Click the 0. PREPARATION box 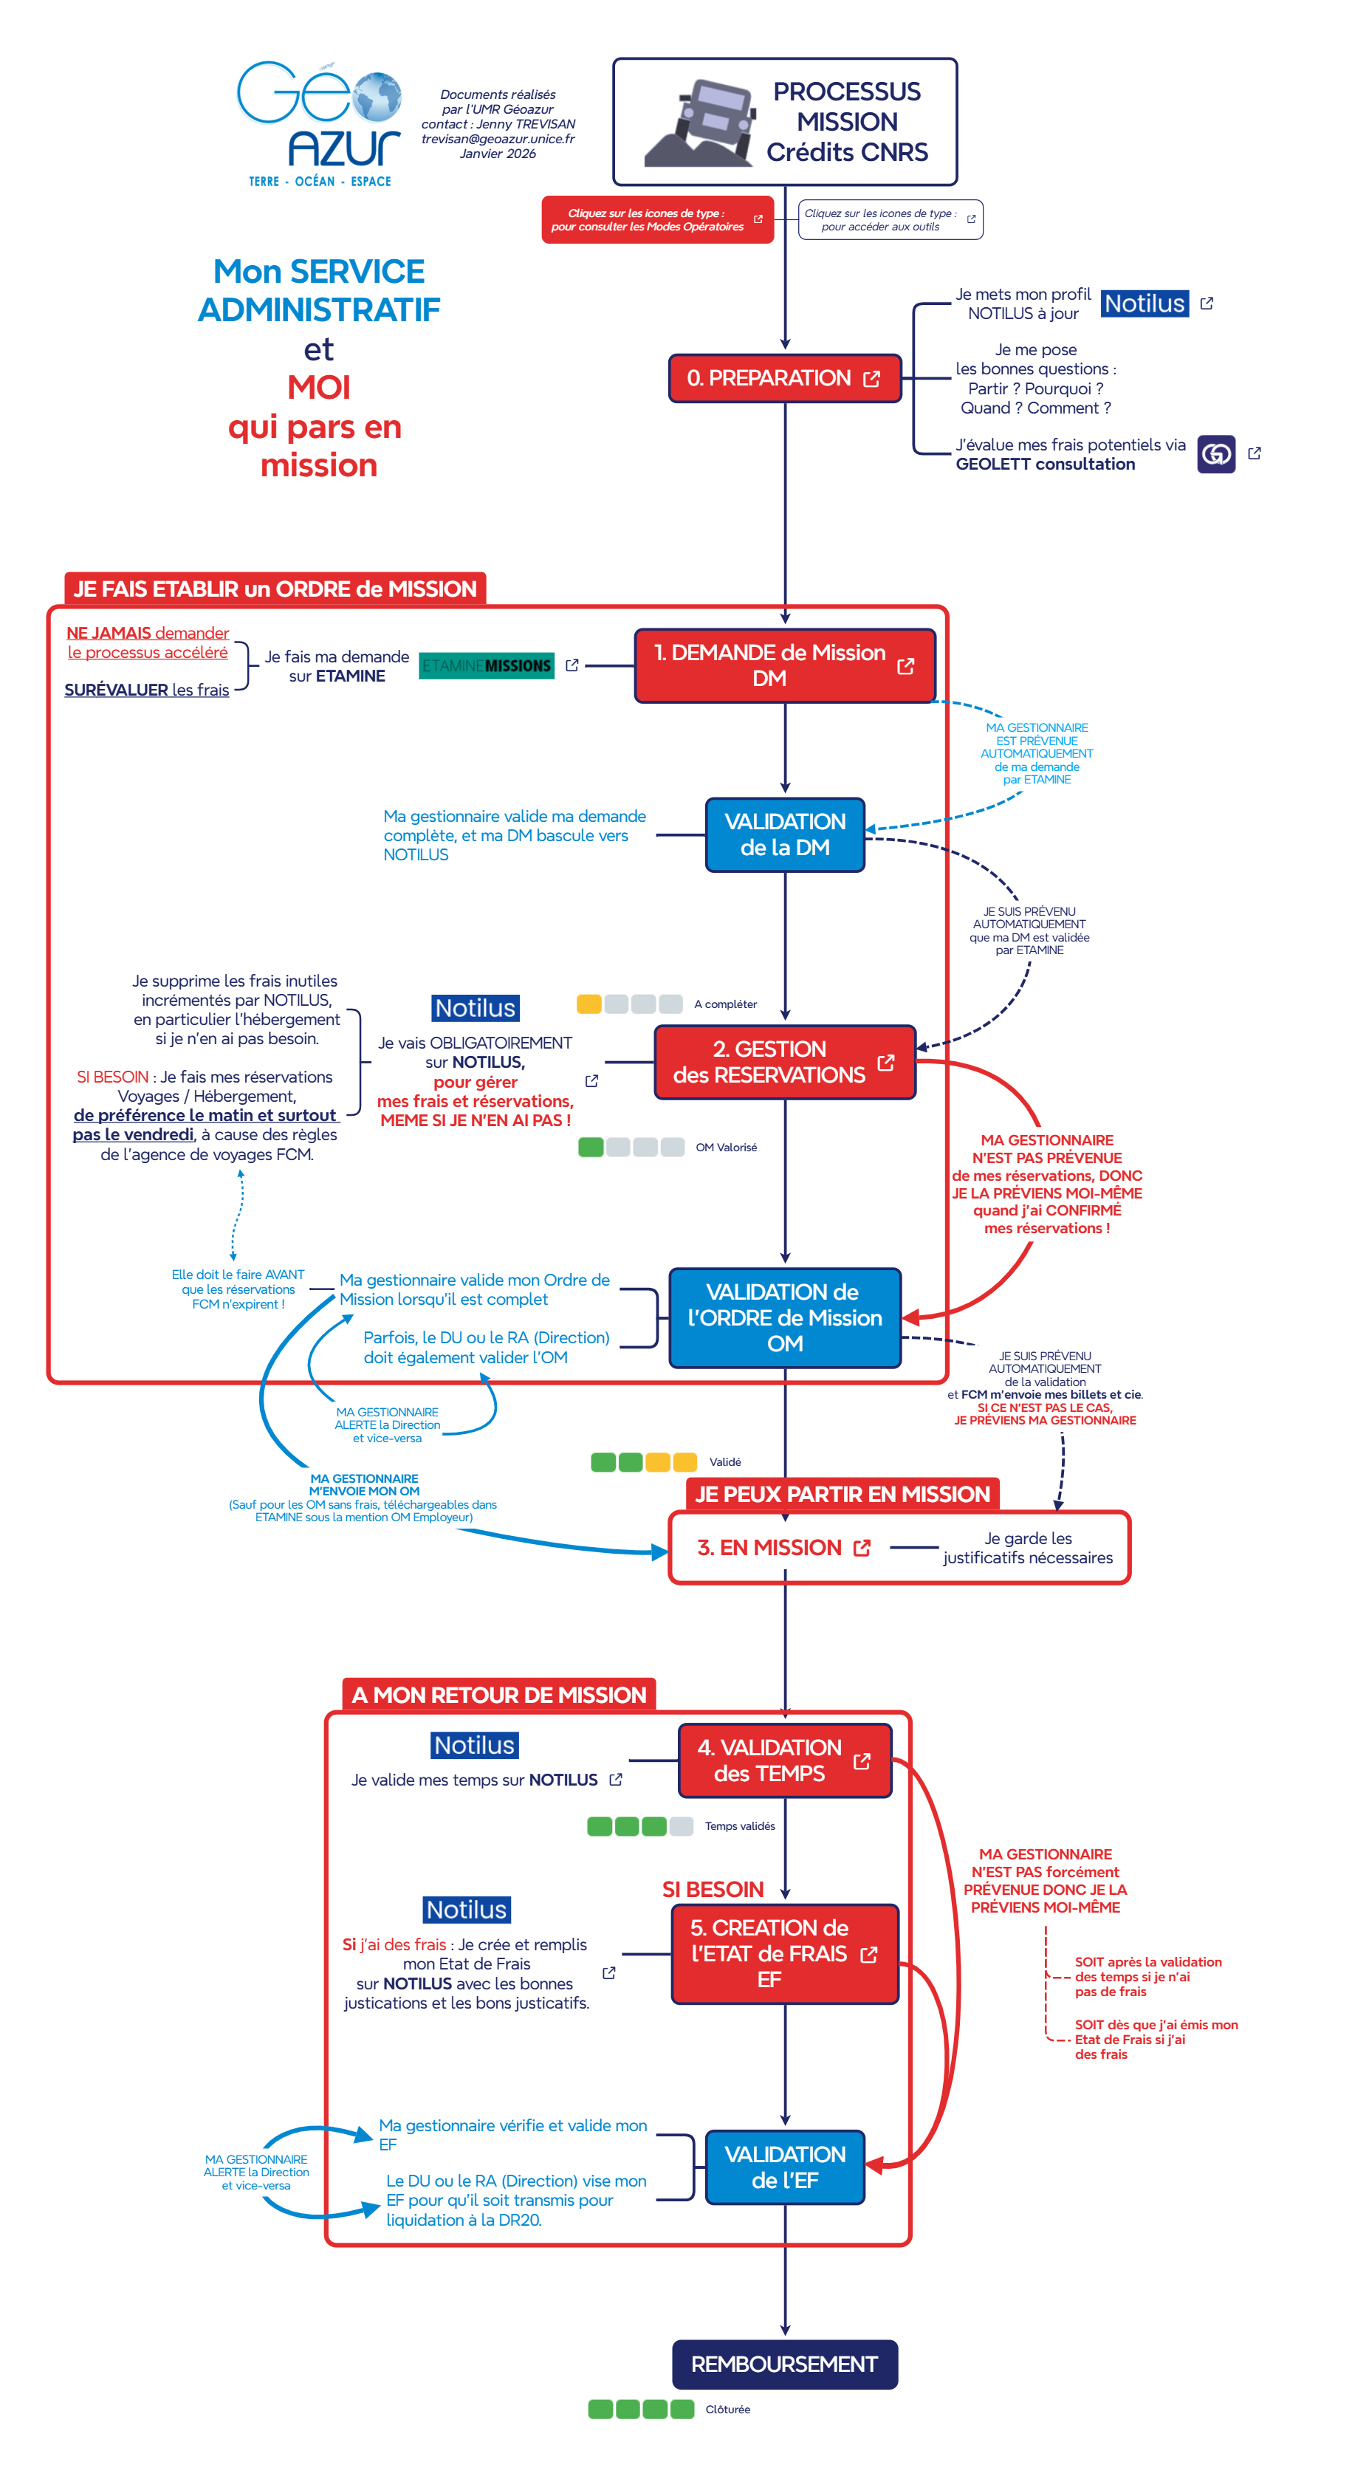pos(783,378)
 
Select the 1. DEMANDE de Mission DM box pos(783,665)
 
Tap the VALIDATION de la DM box pos(784,834)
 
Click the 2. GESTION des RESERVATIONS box pos(783,1061)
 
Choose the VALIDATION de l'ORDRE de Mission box pos(784,1317)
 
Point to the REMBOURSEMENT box pos(784,2364)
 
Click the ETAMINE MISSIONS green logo pos(486,665)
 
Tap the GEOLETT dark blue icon pos(1215,453)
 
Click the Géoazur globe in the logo pos(377,97)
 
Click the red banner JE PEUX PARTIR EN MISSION pos(842,1494)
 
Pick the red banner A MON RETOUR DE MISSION pos(498,1695)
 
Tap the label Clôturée pos(727,2409)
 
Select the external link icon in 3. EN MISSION pos(862,1548)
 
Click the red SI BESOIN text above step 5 pos(712,1889)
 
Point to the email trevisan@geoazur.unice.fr pos(498,139)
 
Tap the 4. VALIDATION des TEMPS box pos(784,1760)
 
